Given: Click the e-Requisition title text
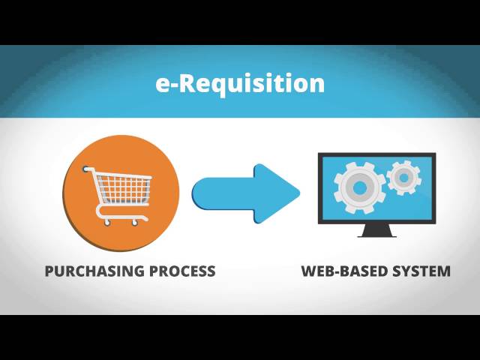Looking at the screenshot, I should tap(240, 83).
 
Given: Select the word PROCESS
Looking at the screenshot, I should tap(182, 271).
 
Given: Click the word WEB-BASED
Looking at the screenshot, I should tap(342, 271).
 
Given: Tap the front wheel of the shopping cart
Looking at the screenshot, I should tap(135, 221).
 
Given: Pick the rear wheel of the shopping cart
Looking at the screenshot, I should tap(107, 222).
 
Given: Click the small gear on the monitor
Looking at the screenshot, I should tap(404, 178).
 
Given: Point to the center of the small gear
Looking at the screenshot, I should tap(404, 178).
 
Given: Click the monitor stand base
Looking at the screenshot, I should tap(376, 234).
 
